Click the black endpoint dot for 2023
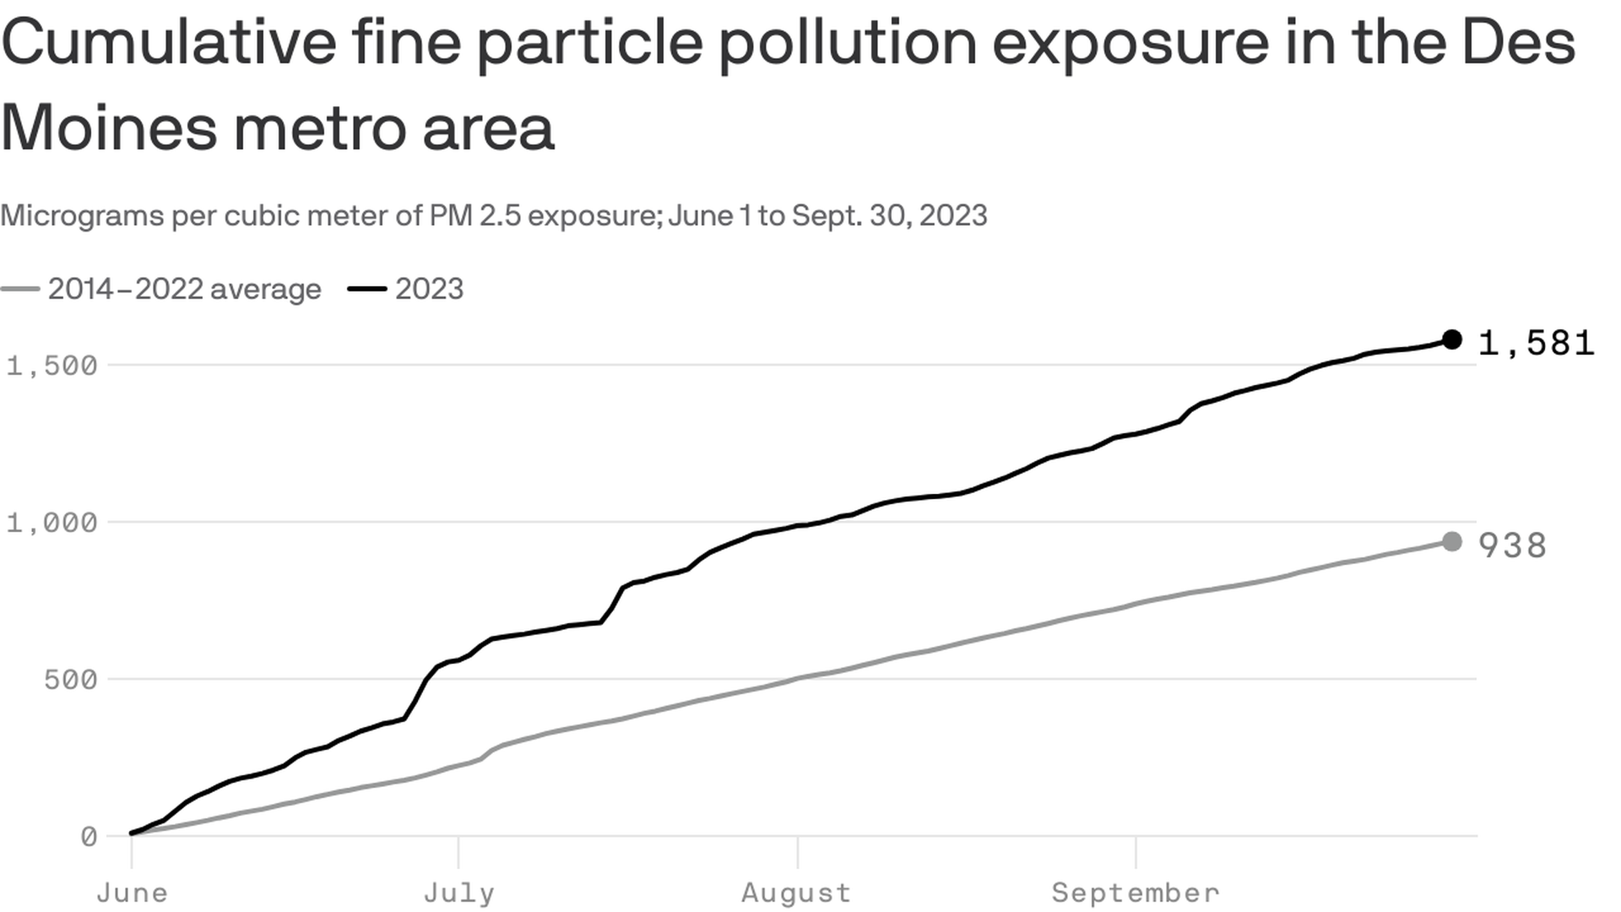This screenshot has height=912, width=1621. click(1451, 339)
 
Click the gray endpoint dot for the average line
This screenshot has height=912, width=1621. click(1451, 541)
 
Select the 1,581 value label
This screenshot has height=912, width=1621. click(1536, 343)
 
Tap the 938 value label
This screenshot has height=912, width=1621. click(1512, 546)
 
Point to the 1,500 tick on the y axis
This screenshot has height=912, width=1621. click(52, 366)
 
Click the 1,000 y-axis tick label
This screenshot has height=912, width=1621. click(52, 523)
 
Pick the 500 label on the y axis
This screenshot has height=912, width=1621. click(71, 680)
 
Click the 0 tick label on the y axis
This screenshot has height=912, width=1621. click(89, 837)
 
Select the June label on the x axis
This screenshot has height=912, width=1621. click(132, 893)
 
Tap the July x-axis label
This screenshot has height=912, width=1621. click(458, 893)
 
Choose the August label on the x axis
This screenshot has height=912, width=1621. click(796, 893)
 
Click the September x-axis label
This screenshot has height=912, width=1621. click(1136, 893)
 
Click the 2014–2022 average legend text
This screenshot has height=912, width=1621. click(184, 289)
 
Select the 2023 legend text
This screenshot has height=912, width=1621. click(429, 289)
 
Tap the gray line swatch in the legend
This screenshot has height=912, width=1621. click(20, 289)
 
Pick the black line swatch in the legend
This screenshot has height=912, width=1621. click(367, 289)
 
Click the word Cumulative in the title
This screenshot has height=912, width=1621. click(169, 42)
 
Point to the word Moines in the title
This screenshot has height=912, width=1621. click(108, 128)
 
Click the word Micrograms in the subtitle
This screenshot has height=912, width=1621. click(83, 215)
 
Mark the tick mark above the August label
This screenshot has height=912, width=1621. click(797, 851)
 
